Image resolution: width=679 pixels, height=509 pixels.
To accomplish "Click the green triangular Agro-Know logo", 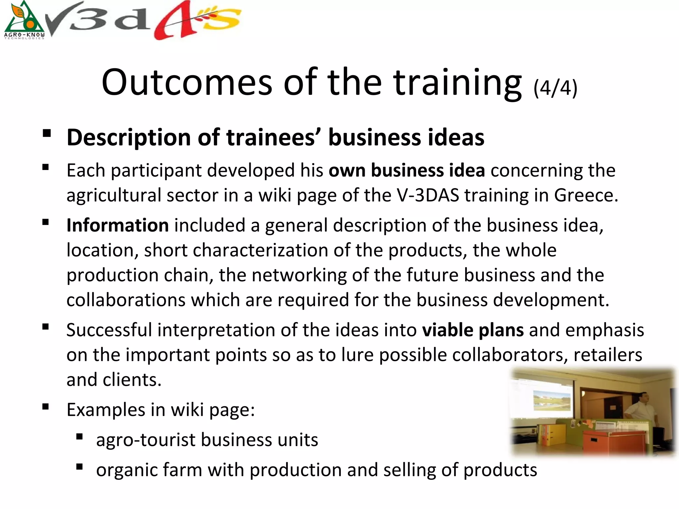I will (24, 21).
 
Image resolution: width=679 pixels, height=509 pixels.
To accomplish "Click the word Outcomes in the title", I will (187, 82).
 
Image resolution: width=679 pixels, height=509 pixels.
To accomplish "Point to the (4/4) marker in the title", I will (555, 88).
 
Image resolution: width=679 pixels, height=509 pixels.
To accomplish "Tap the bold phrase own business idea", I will (407, 170).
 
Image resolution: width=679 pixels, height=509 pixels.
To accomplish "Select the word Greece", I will (586, 195).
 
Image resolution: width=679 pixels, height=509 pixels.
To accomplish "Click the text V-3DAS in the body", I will (428, 195).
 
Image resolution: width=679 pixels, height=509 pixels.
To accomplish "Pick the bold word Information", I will (118, 225).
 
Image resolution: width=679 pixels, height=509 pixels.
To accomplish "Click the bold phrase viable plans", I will (473, 330).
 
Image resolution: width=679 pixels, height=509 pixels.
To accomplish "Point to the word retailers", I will (608, 355).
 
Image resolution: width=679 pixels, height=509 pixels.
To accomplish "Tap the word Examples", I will (106, 410).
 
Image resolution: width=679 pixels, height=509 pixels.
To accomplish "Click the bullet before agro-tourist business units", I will (79, 436).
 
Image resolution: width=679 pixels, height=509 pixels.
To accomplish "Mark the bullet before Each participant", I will (46, 167).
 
